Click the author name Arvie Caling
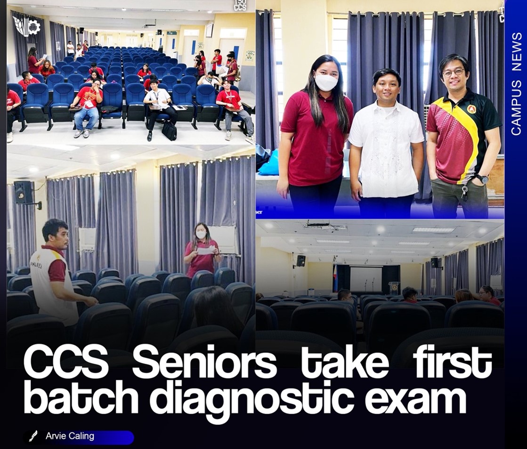pos(70,436)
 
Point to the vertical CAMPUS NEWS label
pos(516,84)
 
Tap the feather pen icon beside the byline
pos(33,436)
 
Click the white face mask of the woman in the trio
pos(326,82)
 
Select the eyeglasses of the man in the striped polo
pos(453,72)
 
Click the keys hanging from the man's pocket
pos(464,193)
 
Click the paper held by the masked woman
pos(206,250)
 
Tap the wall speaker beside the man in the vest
pos(24,192)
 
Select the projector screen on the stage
pos(365,279)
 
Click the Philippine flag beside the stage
pos(335,278)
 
